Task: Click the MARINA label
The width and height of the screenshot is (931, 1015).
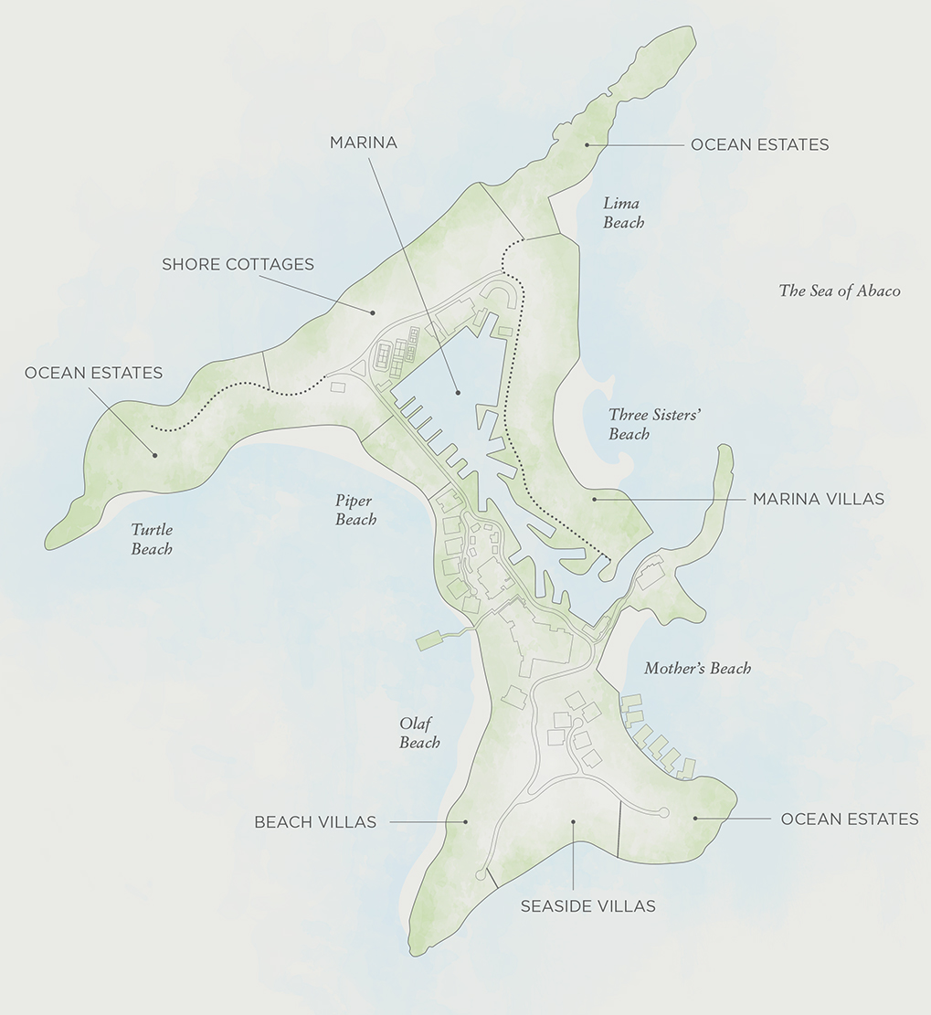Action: point(363,143)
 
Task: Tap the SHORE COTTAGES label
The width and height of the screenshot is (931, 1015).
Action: point(238,264)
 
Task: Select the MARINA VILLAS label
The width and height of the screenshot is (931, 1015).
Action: point(818,499)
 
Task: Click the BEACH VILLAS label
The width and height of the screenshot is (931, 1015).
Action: point(315,821)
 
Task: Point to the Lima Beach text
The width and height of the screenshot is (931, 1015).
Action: point(623,212)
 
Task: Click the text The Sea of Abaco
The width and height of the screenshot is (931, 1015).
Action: point(839,291)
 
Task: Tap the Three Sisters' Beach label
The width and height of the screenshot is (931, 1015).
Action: point(654,424)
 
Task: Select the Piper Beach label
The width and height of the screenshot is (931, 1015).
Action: point(355,510)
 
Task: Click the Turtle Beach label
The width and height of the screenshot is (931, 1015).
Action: point(152,539)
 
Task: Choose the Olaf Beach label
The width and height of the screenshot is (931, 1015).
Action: point(419,733)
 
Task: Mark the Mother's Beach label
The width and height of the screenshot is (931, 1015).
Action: point(697,668)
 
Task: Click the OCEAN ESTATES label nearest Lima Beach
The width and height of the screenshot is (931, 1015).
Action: point(759,144)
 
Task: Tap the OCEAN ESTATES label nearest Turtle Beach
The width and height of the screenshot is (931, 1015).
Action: point(93,373)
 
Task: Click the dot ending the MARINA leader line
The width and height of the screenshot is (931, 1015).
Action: point(459,393)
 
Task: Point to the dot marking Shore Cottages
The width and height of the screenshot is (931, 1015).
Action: point(374,312)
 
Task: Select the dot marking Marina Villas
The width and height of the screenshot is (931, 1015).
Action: point(594,499)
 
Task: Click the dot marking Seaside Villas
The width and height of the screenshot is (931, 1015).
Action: point(573,821)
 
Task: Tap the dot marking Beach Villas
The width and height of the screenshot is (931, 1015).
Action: point(465,821)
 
